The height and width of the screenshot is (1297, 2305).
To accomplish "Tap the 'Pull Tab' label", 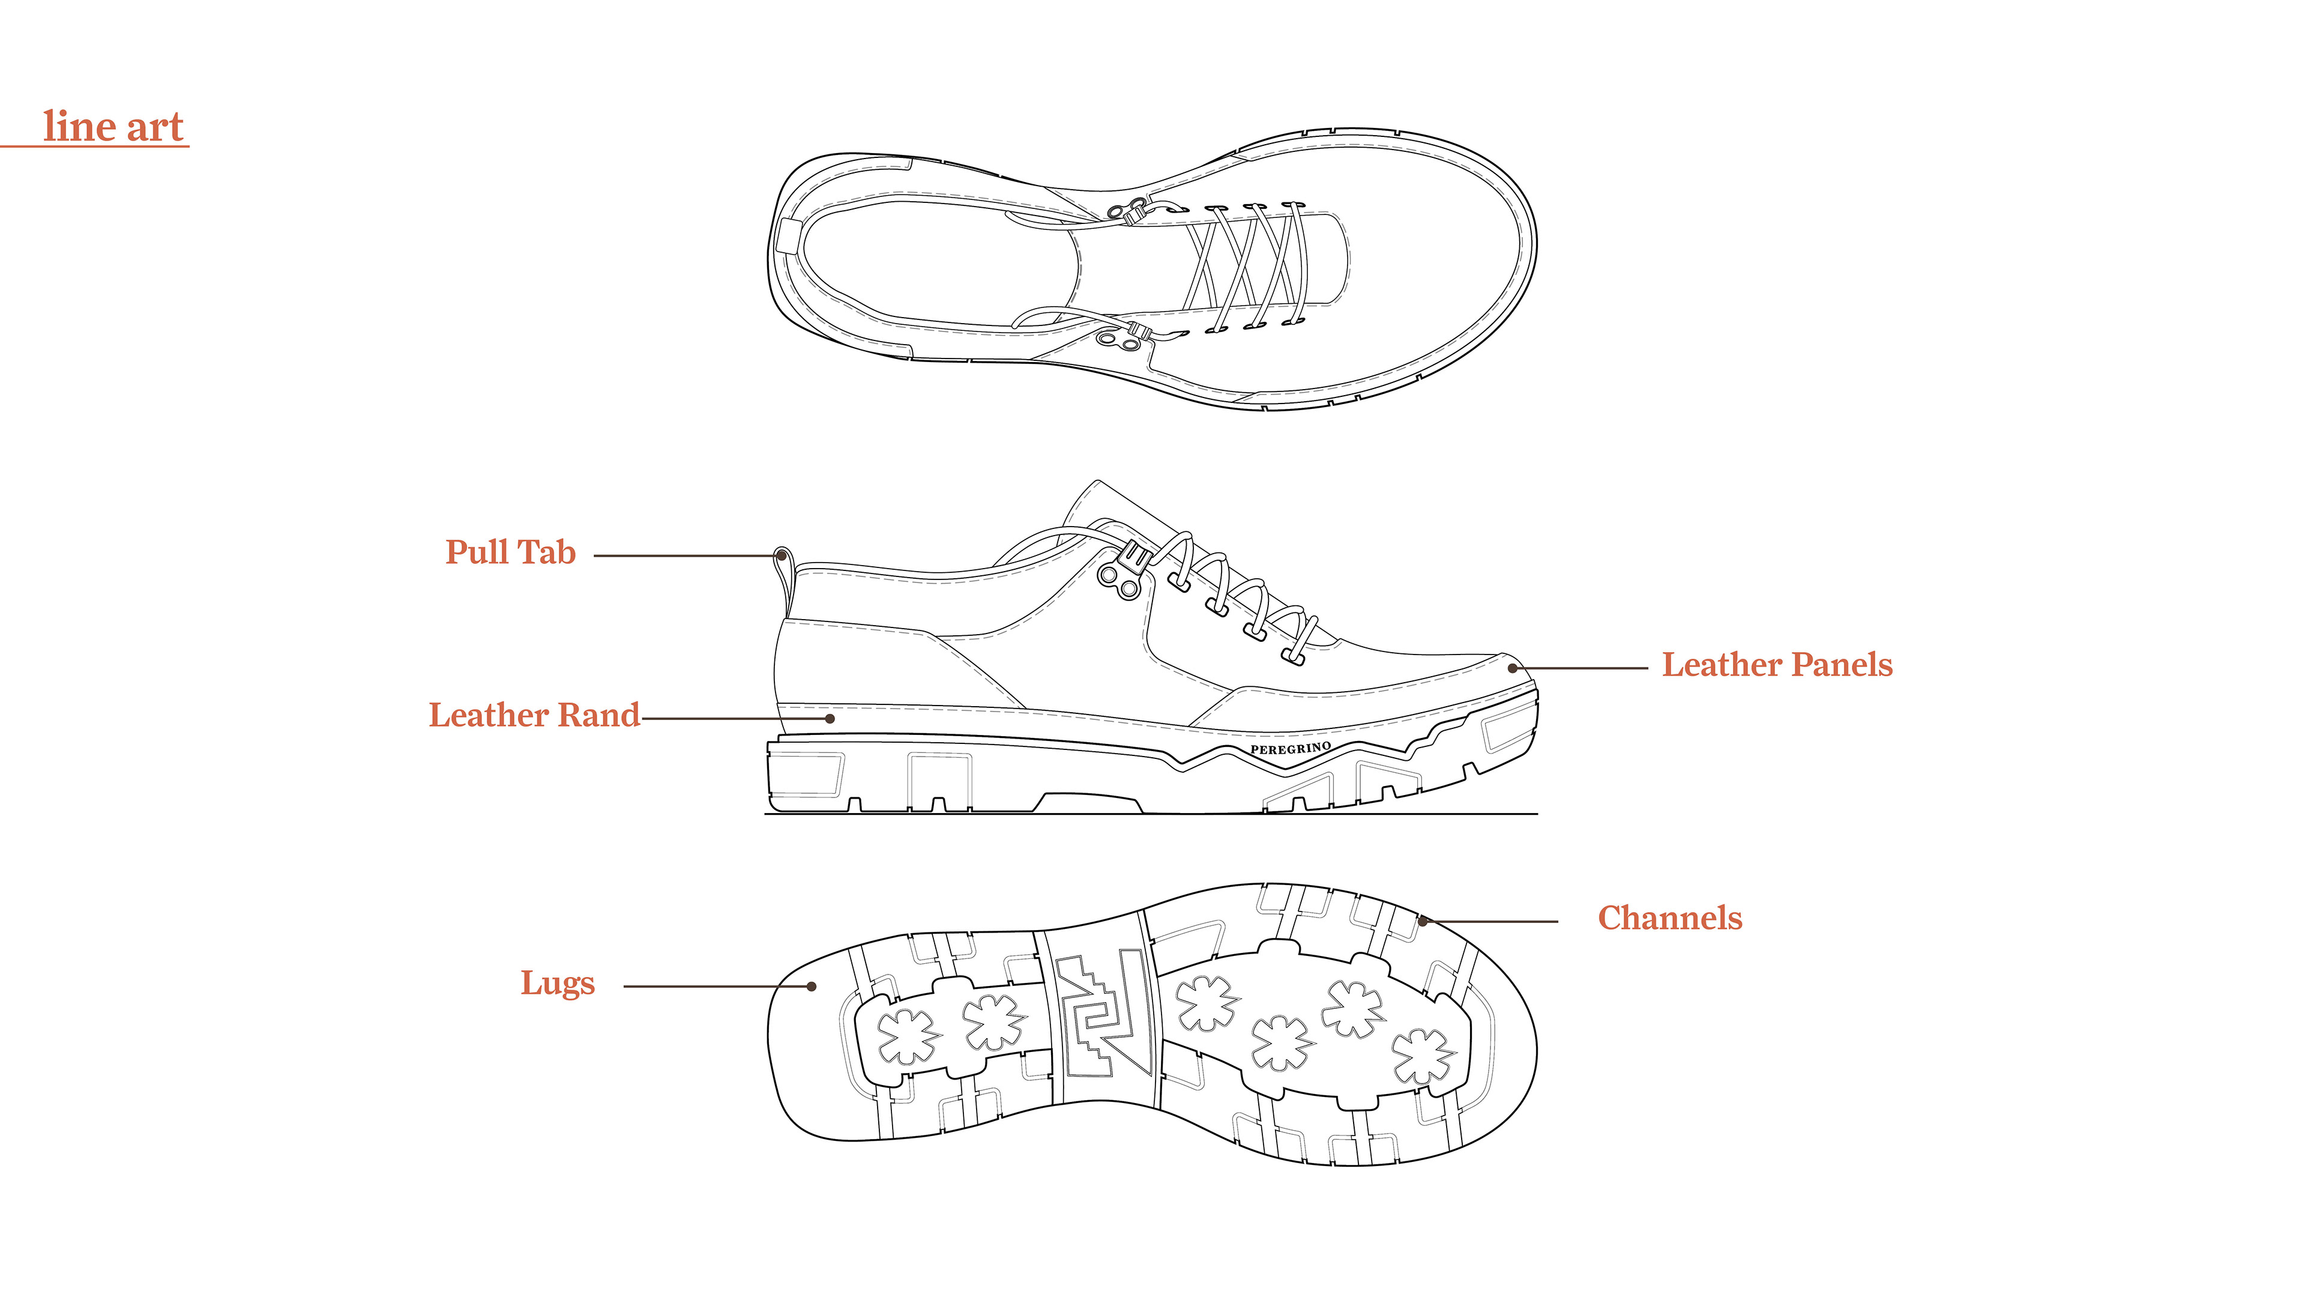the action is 510,552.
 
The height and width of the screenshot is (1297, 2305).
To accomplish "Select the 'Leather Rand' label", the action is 534,715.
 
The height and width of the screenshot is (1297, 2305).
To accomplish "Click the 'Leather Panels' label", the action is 1777,665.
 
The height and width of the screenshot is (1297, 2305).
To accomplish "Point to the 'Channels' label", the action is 1670,918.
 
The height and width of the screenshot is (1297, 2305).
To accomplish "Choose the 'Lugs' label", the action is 558,983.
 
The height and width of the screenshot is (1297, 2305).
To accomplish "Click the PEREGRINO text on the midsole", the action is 1291,748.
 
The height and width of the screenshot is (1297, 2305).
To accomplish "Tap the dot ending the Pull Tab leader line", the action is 781,556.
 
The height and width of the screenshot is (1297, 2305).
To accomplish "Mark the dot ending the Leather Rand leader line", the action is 830,719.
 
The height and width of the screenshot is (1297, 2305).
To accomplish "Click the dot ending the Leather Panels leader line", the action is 1512,668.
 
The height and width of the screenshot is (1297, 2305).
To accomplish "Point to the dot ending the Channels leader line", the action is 1422,921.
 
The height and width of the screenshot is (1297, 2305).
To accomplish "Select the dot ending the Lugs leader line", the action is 812,987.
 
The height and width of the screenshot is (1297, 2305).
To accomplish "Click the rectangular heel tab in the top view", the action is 788,235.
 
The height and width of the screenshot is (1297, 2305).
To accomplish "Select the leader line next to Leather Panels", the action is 1584,668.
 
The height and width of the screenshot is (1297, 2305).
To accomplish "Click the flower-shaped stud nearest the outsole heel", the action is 908,1036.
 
